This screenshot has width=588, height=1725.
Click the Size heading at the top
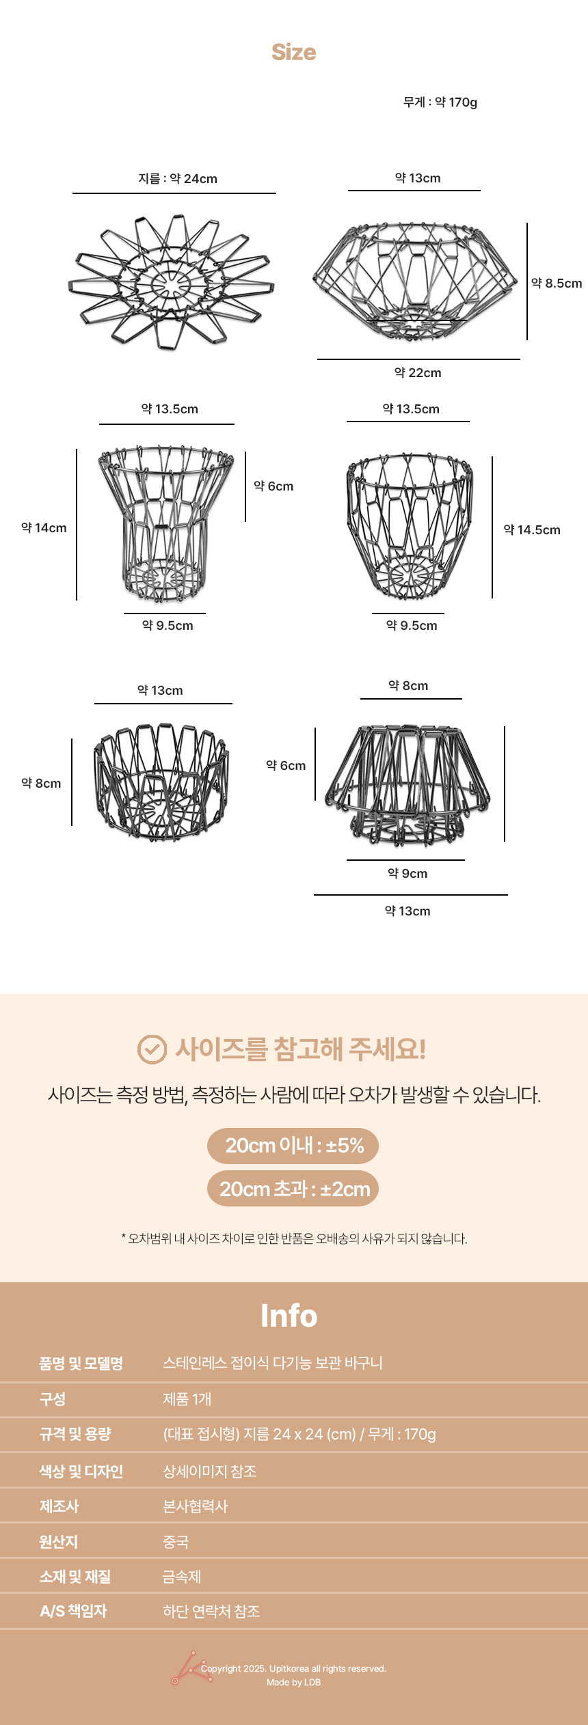[294, 52]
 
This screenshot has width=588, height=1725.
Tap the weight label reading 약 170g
[440, 102]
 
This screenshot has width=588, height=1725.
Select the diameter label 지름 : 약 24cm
[178, 178]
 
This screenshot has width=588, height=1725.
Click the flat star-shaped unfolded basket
[171, 281]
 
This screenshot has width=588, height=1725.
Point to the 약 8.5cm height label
[557, 283]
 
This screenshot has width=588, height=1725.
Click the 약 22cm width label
[418, 372]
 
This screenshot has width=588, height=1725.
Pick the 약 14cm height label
[44, 527]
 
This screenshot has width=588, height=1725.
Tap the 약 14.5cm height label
[532, 529]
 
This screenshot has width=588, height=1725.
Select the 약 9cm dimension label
[407, 873]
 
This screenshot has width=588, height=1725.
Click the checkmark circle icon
[152, 1049]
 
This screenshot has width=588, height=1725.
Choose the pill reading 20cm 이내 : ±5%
[293, 1145]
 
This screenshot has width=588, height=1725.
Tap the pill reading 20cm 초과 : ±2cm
[293, 1189]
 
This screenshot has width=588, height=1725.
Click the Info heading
[289, 1315]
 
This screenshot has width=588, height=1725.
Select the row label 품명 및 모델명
[81, 1363]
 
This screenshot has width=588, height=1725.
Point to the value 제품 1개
[187, 1399]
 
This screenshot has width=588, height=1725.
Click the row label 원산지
[59, 1541]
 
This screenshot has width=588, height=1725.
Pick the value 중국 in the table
[176, 1541]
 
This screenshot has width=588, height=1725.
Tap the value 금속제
[182, 1576]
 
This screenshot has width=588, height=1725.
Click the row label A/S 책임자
[74, 1611]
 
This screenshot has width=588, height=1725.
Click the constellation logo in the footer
[191, 1668]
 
